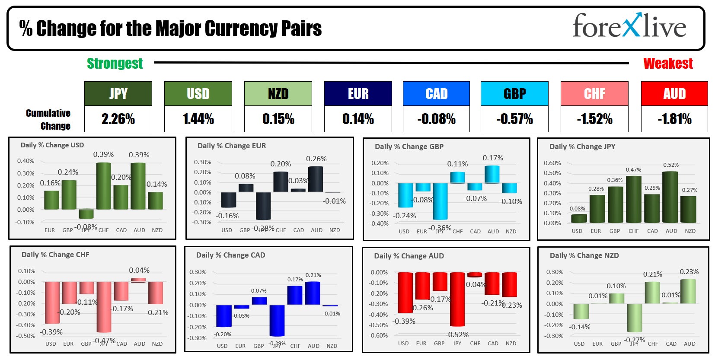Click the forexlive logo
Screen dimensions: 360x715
629,25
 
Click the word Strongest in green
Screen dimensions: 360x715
115,64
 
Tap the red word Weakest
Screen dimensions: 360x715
668,64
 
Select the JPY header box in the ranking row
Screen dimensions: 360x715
118,93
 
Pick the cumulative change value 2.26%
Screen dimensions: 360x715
118,119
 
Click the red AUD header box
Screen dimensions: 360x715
674,93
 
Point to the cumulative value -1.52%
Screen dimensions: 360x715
594,119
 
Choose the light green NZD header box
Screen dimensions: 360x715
278,93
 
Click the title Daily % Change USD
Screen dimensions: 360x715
52,145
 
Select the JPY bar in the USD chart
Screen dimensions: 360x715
86,214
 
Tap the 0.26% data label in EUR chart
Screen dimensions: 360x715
316,159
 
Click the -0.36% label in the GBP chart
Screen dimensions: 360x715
440,228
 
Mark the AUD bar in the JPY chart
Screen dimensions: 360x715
670,197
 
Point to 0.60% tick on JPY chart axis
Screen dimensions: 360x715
552,163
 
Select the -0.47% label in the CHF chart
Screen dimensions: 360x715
104,341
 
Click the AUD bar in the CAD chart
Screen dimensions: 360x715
313,293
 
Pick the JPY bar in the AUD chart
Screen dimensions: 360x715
457,299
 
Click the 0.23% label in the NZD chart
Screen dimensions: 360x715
689,272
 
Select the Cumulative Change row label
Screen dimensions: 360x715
48,119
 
